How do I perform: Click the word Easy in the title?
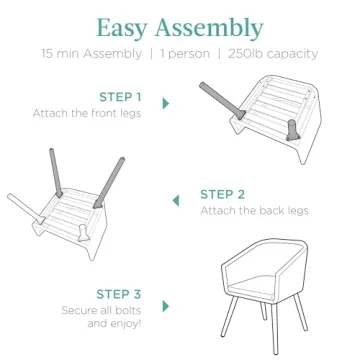pyautogui.click(x=122, y=28)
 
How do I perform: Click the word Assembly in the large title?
pyautogui.click(x=209, y=29)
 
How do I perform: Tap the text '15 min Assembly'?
pyautogui.click(x=91, y=54)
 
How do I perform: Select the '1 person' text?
pyautogui.click(x=185, y=54)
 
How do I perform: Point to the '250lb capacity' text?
pyautogui.click(x=273, y=54)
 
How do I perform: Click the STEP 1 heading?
pyautogui.click(x=120, y=97)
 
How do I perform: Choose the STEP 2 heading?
pyautogui.click(x=222, y=194)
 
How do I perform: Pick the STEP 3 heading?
pyautogui.click(x=119, y=294)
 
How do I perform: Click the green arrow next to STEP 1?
pyautogui.click(x=166, y=103)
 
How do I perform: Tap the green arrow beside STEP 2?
pyautogui.click(x=176, y=201)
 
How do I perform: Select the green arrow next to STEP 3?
pyautogui.click(x=166, y=306)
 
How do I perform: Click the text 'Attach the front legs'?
pyautogui.click(x=87, y=113)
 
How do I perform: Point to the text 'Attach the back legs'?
pyautogui.click(x=254, y=211)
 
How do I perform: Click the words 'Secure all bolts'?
pyautogui.click(x=101, y=310)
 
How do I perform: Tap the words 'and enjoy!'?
pyautogui.click(x=114, y=324)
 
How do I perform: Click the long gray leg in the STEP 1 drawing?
pyautogui.click(x=222, y=101)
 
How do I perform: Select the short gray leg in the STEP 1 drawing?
pyautogui.click(x=293, y=130)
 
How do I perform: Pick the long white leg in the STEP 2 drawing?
pyautogui.click(x=26, y=209)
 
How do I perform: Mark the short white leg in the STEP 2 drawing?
pyautogui.click(x=83, y=233)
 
